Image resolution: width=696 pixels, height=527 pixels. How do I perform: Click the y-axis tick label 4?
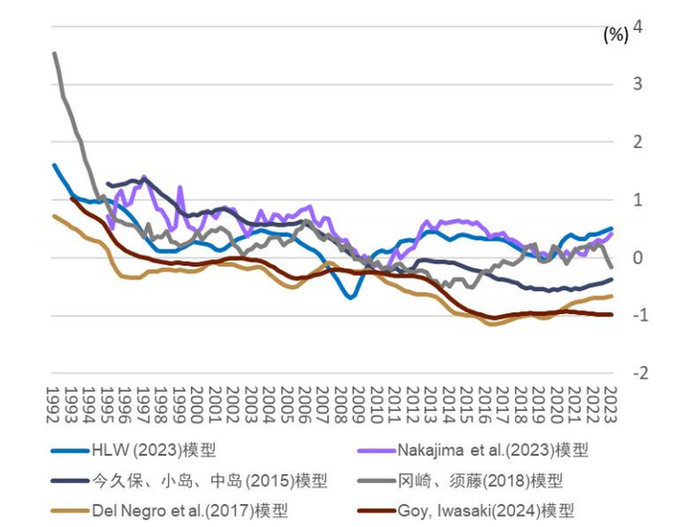tap(638, 27)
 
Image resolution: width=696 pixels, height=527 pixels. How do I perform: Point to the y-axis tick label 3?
tap(638, 85)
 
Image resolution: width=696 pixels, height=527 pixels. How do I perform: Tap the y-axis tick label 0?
tap(638, 258)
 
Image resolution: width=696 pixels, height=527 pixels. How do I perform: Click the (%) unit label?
tap(615, 35)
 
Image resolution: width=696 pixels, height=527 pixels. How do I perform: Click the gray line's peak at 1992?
tap(55, 54)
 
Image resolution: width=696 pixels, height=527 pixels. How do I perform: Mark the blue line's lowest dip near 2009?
tap(350, 297)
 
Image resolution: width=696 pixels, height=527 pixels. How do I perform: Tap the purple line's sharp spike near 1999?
tap(180, 187)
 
